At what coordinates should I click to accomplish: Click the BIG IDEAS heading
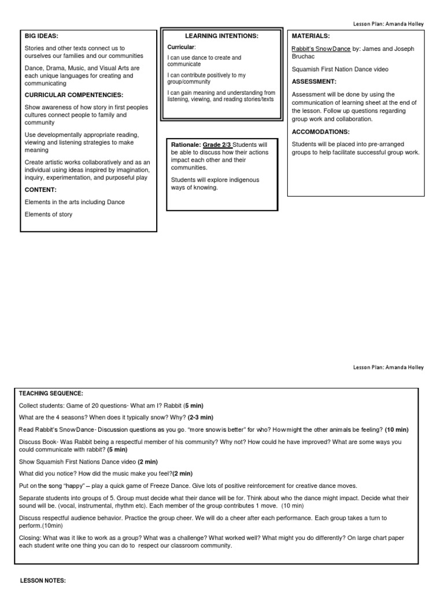coord(42,35)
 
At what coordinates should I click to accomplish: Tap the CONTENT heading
coord(40,189)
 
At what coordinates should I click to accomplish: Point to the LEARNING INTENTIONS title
coord(221,36)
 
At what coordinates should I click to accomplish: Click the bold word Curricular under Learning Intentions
coord(180,46)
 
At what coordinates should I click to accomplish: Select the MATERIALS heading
coord(311,36)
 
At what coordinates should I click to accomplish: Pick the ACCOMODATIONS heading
coord(321,132)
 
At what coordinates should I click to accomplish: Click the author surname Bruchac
coord(304,57)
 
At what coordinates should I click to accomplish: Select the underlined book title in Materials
coord(321,49)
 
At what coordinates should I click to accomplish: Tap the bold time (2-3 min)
coord(201,417)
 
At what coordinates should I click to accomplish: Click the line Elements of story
coord(49,214)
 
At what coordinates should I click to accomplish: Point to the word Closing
coord(30,538)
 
